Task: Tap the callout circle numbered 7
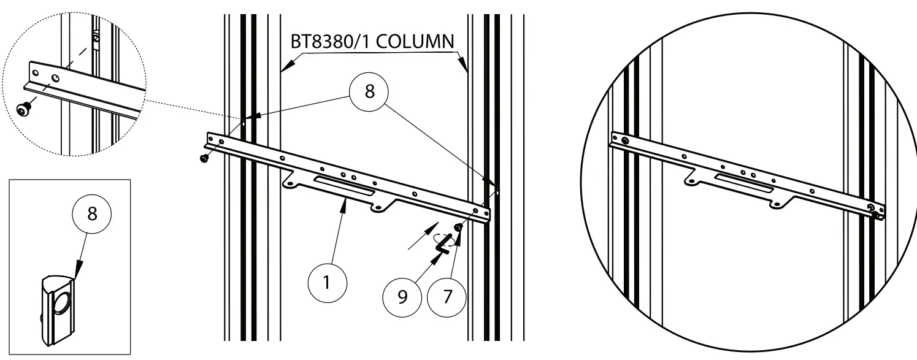tap(445, 296)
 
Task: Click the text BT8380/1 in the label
tap(330, 42)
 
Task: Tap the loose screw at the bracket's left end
tap(204, 159)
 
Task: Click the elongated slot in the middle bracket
tap(343, 186)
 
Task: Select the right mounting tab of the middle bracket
tap(380, 209)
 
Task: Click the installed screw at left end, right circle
tap(624, 141)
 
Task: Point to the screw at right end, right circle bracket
tap(872, 208)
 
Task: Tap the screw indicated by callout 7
tap(458, 228)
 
